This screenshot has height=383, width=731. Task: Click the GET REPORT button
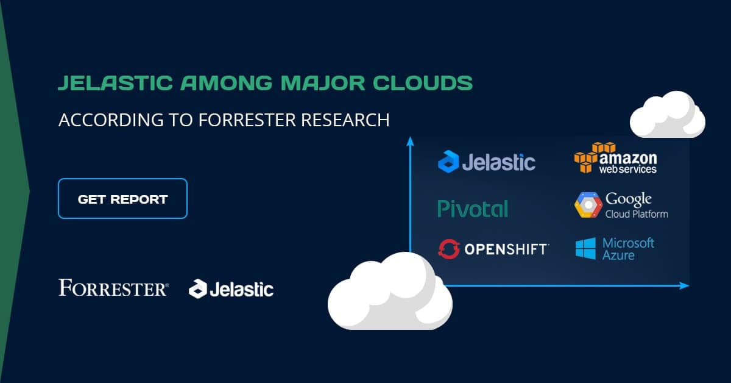(x=122, y=199)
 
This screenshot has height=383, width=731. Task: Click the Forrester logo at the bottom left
(x=113, y=287)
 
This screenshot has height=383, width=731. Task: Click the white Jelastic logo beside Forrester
(x=231, y=289)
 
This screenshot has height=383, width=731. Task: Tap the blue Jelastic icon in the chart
(x=448, y=162)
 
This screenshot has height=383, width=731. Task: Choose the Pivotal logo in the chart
(x=473, y=209)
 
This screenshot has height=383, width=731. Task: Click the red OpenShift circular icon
(x=448, y=249)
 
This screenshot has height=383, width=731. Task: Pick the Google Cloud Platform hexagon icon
(x=588, y=206)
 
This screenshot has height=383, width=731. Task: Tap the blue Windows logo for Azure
(x=585, y=249)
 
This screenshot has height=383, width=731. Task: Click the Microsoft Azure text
(x=628, y=249)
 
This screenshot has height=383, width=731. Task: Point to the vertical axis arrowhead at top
(x=410, y=141)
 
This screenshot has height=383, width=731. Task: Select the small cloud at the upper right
(x=666, y=115)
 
